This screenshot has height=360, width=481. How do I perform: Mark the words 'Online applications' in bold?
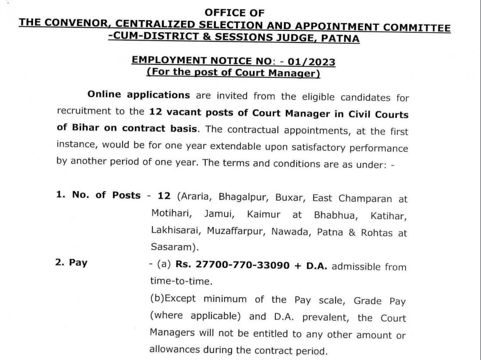pos(139,95)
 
